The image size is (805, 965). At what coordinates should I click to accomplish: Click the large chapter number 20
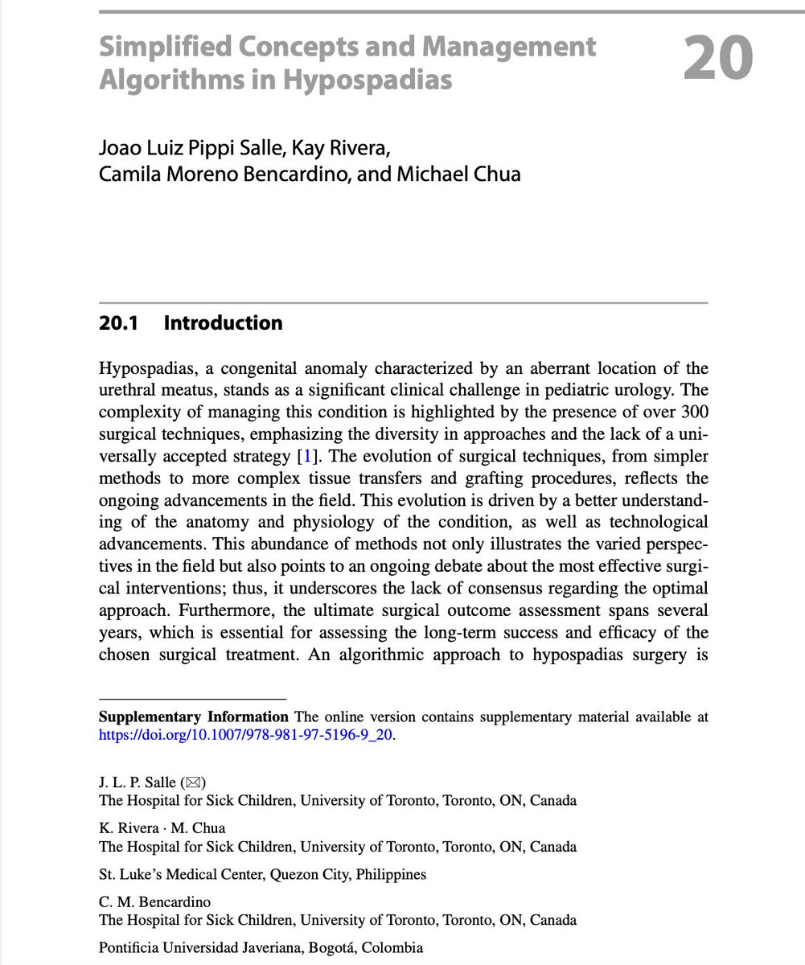pos(718,59)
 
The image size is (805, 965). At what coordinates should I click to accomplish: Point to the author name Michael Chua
pos(470,173)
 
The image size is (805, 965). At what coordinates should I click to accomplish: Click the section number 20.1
pos(119,323)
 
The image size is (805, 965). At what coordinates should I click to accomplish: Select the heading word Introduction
pos(223,323)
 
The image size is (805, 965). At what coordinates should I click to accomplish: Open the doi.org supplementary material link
pos(246,734)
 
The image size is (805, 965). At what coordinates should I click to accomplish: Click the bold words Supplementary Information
pos(193,717)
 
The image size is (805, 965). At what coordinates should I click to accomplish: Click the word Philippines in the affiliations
pos(392,874)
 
